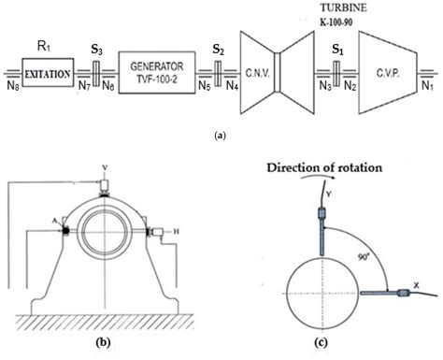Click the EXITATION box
48,70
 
